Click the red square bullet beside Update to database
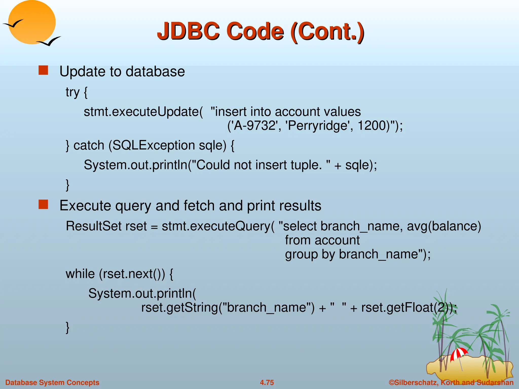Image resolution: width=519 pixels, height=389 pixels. [43, 70]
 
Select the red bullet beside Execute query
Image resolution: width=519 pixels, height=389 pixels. [43, 204]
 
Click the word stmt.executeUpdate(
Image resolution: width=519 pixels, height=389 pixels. [143, 112]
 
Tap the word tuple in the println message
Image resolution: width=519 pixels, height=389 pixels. [306, 165]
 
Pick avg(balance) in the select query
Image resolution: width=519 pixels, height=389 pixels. [444, 226]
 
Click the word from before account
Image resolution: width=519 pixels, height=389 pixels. [298, 240]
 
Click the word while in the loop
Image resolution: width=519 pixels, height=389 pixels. [80, 274]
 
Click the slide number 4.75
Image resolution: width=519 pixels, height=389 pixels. [267, 382]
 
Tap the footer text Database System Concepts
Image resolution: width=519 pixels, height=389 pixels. [52, 382]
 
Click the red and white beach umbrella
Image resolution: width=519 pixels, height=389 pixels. [459, 354]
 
